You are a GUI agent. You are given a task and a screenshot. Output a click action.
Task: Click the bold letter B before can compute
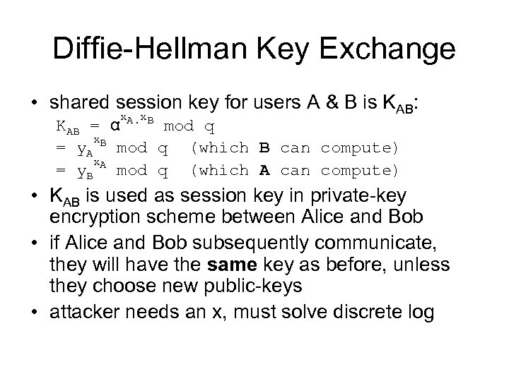tap(264, 148)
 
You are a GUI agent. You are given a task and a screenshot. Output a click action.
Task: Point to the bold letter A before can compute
tap(264, 170)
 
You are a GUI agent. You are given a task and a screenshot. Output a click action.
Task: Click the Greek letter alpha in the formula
tap(112, 127)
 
